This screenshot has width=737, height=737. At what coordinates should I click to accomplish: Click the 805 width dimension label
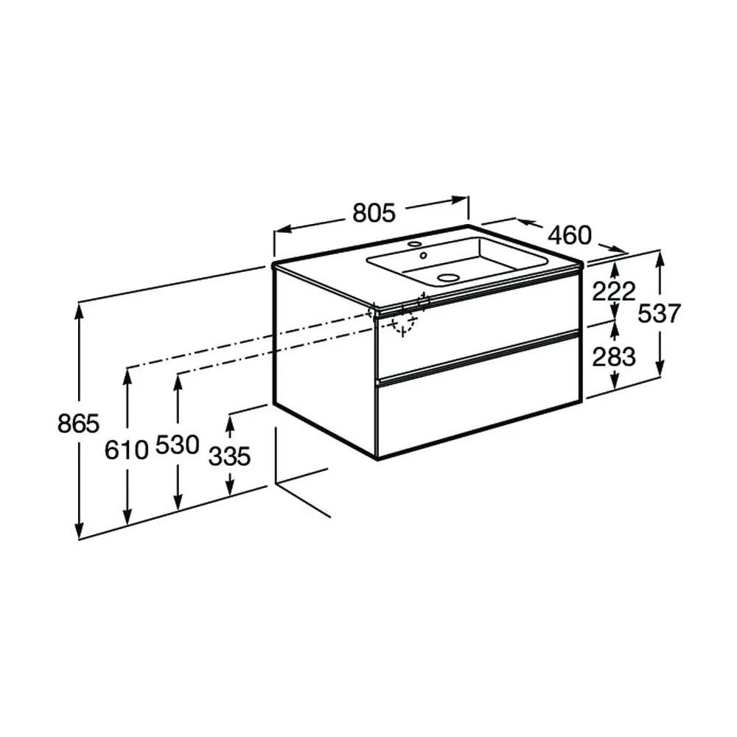tap(374, 213)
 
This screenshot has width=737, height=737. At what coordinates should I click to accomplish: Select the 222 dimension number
tap(614, 291)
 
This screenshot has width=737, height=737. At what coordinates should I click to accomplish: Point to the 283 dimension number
tap(614, 357)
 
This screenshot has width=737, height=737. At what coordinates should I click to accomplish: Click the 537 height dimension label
tap(659, 313)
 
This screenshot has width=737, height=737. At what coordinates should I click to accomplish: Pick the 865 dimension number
tap(79, 423)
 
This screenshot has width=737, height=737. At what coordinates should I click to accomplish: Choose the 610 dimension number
tap(127, 450)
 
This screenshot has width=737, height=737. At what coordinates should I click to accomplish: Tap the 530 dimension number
tap(178, 444)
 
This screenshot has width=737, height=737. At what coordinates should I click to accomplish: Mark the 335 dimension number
tap(230, 456)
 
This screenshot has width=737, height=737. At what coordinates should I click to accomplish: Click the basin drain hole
tap(447, 277)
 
